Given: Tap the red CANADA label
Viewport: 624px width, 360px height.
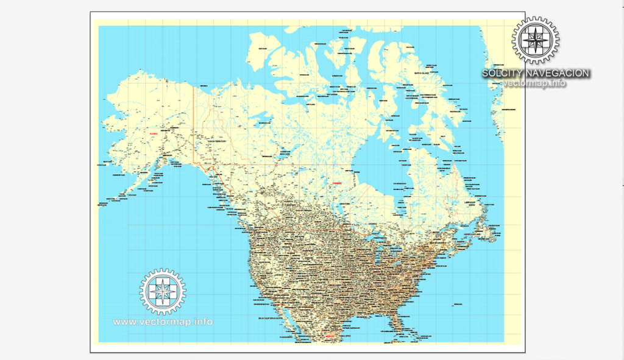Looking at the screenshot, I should [337, 182].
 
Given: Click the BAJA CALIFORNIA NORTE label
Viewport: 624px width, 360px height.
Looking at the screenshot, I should [271, 318].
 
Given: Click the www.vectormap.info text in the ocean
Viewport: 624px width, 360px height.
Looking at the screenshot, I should [163, 321].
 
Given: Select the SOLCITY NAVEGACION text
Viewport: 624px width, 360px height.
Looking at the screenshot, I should [536, 73].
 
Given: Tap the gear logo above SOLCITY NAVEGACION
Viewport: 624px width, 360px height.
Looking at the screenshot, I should [536, 40].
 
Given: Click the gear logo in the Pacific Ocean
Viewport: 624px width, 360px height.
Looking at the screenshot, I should [163, 291].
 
